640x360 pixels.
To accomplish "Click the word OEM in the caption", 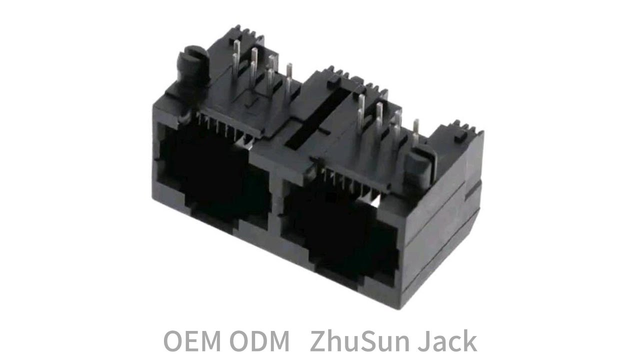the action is tap(192, 341).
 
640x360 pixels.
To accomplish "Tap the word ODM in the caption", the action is tap(259, 341).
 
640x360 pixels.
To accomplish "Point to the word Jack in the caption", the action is tap(447, 340).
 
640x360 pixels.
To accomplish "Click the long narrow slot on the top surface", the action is tap(317, 118).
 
